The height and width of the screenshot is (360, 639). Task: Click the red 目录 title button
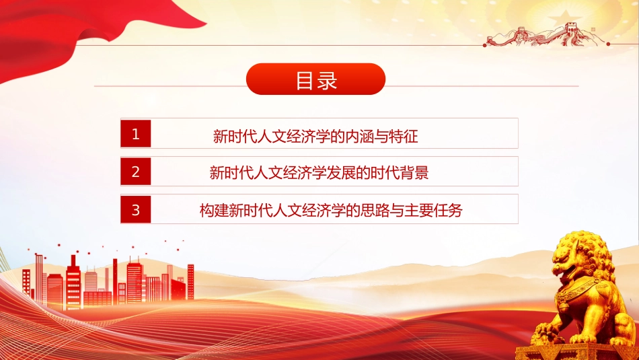(316, 79)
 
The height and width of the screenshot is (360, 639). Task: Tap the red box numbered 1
(136, 133)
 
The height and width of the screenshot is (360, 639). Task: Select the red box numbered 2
(136, 171)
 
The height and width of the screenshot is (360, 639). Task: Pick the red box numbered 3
(136, 209)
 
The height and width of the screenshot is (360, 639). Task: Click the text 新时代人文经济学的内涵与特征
(315, 136)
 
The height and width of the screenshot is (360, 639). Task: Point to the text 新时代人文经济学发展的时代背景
(319, 173)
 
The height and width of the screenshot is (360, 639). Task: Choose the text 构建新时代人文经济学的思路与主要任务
(331, 211)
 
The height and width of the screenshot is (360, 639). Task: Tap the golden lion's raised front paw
(548, 332)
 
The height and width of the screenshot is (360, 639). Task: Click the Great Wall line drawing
(546, 35)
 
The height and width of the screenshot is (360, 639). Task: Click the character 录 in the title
(327, 80)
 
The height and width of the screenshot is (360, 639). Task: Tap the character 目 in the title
(305, 80)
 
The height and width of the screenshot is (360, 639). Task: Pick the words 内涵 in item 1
(359, 136)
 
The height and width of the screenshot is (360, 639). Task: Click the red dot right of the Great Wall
(608, 44)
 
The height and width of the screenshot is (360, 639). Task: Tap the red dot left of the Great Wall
(484, 45)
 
